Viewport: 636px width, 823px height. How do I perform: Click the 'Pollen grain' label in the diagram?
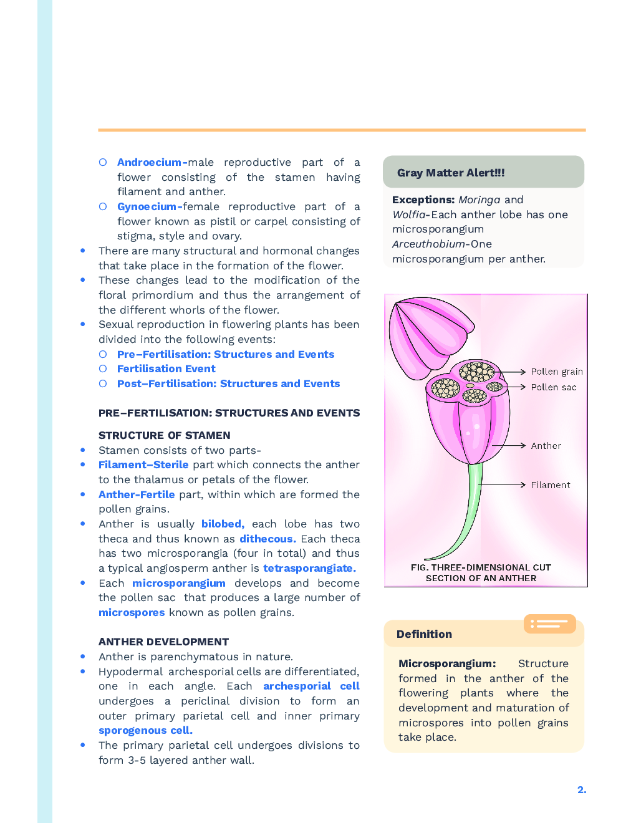[556, 372]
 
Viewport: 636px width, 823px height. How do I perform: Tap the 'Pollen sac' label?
[553, 387]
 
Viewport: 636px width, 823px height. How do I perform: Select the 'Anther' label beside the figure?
[546, 446]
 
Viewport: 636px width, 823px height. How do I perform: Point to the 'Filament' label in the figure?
[550, 485]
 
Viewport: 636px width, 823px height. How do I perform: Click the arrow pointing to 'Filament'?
[503, 484]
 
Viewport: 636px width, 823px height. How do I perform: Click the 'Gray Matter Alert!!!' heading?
[450, 173]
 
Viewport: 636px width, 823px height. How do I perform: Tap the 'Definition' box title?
[424, 634]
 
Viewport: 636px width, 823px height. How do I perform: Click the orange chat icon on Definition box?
[549, 623]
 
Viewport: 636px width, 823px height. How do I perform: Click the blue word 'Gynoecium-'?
[150, 206]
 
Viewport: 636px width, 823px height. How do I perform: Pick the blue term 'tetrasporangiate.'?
[309, 568]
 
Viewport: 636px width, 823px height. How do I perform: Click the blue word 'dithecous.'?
[267, 539]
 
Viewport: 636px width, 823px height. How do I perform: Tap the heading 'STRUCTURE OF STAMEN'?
[164, 435]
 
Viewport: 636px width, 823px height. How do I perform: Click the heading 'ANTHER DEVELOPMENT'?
[163, 642]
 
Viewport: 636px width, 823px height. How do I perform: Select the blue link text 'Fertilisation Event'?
[166, 368]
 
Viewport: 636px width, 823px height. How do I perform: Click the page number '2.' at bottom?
[581, 789]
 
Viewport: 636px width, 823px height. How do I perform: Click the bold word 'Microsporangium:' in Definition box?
[446, 663]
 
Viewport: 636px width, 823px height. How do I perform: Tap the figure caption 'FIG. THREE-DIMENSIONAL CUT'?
[481, 567]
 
